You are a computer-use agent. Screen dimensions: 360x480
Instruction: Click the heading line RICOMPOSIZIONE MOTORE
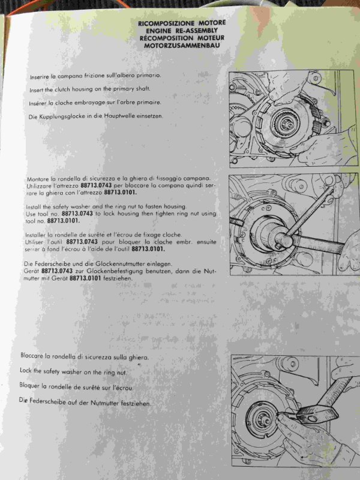182,23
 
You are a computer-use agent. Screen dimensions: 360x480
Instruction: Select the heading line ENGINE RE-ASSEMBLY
182,31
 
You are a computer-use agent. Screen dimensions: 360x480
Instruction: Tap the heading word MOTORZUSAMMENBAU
182,46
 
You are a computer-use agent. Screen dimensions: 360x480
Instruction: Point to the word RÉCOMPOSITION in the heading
166,38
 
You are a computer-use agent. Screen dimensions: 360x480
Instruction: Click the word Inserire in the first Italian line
39,77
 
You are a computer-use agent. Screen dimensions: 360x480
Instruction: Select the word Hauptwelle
116,116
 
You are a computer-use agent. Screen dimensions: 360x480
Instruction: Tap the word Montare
38,179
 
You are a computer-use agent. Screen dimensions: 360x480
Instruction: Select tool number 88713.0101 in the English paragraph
64,221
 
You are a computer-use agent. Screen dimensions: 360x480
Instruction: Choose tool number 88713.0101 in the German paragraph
85,278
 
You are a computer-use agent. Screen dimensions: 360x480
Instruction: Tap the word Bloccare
32,355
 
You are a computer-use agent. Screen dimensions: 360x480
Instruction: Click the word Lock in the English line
26,370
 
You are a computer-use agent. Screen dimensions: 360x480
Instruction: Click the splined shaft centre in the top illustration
284,123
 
